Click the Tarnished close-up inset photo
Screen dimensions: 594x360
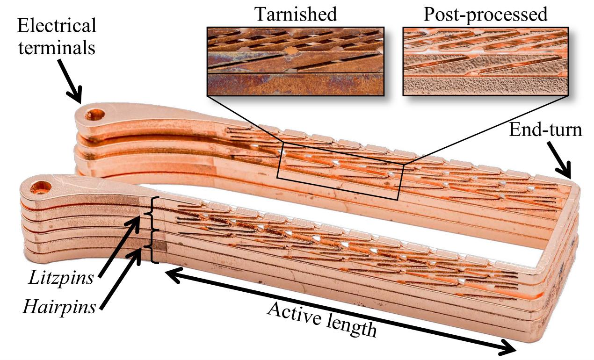[295, 61]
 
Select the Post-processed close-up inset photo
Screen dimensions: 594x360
[485, 61]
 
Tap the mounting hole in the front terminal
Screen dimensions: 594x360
[41, 188]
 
